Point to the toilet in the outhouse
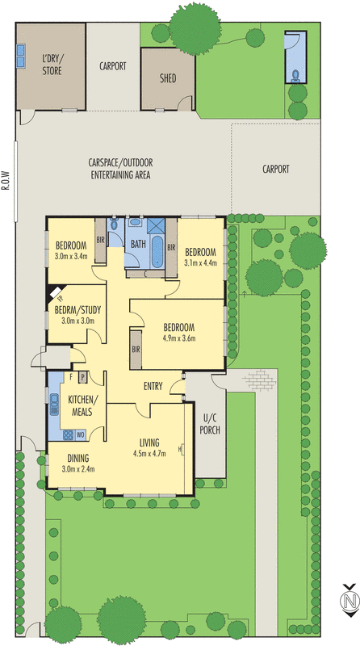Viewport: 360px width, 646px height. (296, 76)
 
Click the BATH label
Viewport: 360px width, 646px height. (138, 243)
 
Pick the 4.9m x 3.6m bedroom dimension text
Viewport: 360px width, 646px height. (178, 339)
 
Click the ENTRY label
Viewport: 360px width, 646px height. (154, 386)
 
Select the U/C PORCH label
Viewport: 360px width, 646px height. (211, 423)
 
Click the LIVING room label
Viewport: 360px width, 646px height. (149, 442)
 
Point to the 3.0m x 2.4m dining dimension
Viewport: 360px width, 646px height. (77, 468)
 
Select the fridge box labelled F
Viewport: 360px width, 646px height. (71, 377)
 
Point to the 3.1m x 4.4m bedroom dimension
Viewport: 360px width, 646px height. (200, 262)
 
